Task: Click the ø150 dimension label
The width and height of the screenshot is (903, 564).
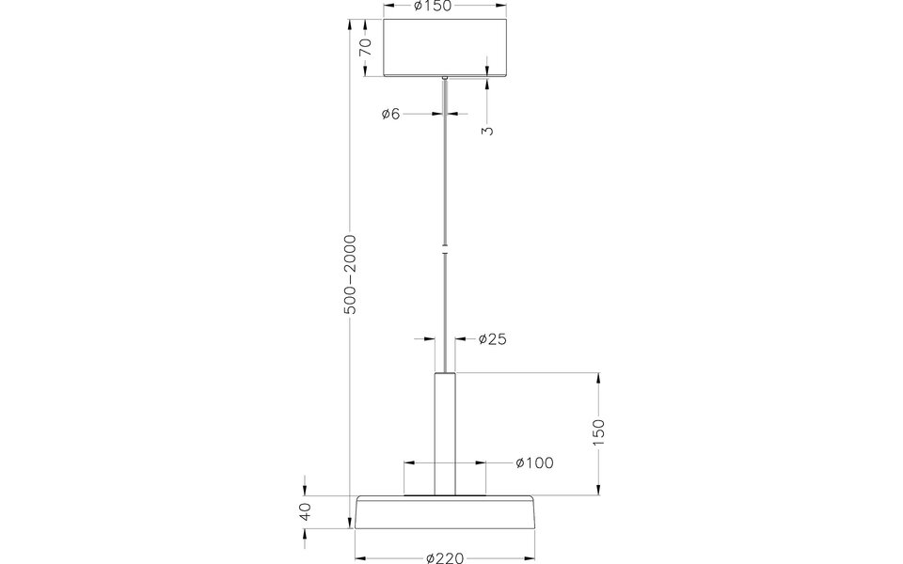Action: [x=433, y=7]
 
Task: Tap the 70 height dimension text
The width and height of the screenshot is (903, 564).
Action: [x=367, y=48]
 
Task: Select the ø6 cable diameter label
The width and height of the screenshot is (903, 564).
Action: [x=391, y=114]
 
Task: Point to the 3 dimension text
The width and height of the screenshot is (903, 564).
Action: [x=486, y=131]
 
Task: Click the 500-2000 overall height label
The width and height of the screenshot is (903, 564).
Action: [x=350, y=274]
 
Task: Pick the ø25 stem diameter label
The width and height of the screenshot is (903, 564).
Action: [x=492, y=339]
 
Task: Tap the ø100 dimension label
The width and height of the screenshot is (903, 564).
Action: [x=534, y=462]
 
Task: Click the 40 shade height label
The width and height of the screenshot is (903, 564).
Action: [x=305, y=512]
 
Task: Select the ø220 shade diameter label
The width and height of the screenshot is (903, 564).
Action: [x=445, y=557]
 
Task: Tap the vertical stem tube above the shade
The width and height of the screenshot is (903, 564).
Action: [x=445, y=432]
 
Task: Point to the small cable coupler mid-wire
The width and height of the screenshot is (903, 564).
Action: [x=445, y=250]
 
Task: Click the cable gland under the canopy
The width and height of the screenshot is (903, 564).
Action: [x=445, y=79]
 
